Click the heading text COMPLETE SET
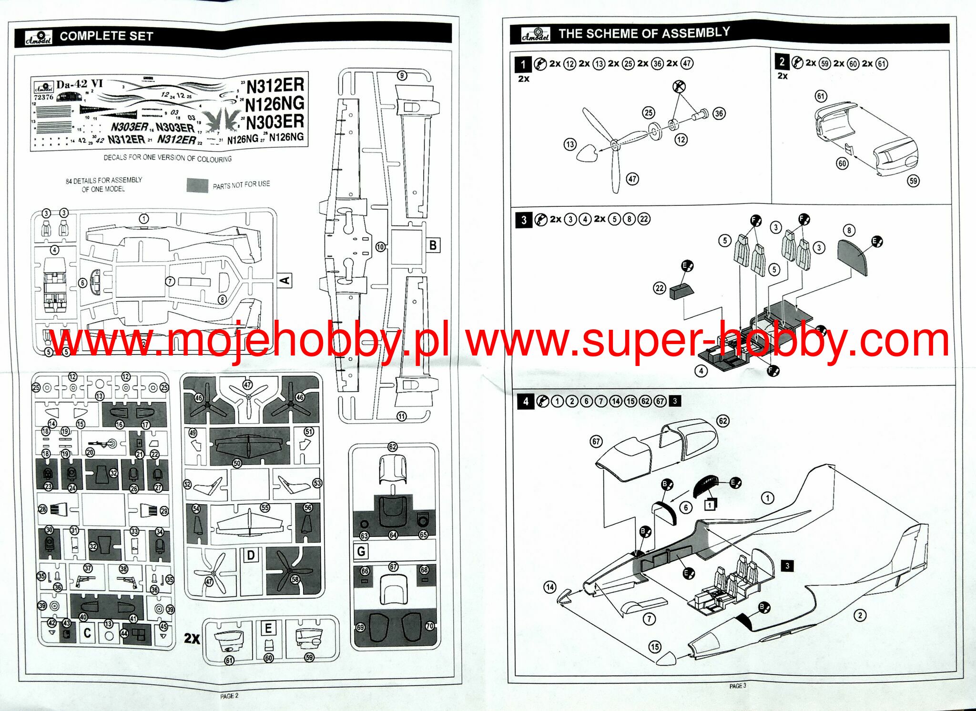(x=106, y=36)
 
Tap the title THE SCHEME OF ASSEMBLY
(x=644, y=33)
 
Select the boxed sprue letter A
(x=285, y=280)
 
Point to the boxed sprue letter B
(x=433, y=245)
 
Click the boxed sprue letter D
(x=251, y=555)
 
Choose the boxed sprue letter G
(x=361, y=551)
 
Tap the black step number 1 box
(x=523, y=64)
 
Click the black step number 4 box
(x=526, y=401)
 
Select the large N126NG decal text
(x=275, y=103)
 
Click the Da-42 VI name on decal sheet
(x=79, y=84)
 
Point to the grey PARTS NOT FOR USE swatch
(x=197, y=185)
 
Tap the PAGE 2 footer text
(x=229, y=696)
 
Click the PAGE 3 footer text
(x=738, y=686)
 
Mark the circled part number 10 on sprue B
(x=380, y=247)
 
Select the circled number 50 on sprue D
(x=237, y=463)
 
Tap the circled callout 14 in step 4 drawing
(x=550, y=587)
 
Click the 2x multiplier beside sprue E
(x=192, y=639)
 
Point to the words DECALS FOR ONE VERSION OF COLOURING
(x=168, y=158)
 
